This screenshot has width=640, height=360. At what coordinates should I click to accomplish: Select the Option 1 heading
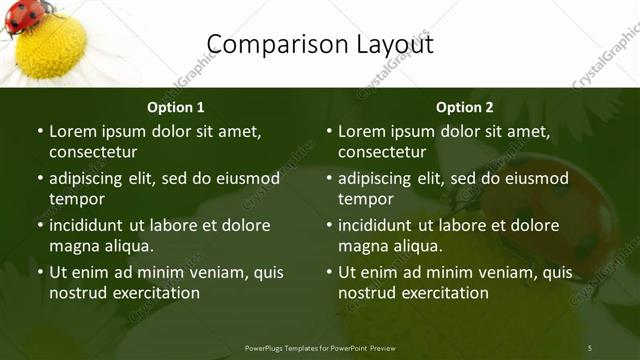click(176, 107)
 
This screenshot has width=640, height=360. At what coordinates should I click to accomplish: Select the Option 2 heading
click(465, 107)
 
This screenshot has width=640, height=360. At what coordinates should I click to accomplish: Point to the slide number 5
click(589, 347)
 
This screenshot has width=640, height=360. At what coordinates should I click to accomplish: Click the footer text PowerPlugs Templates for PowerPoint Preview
click(320, 348)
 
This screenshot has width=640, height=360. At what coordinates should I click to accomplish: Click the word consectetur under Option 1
click(93, 152)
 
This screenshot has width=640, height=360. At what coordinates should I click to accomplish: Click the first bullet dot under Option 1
click(40, 131)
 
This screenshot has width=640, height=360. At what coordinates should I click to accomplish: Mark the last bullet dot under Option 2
click(329, 272)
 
